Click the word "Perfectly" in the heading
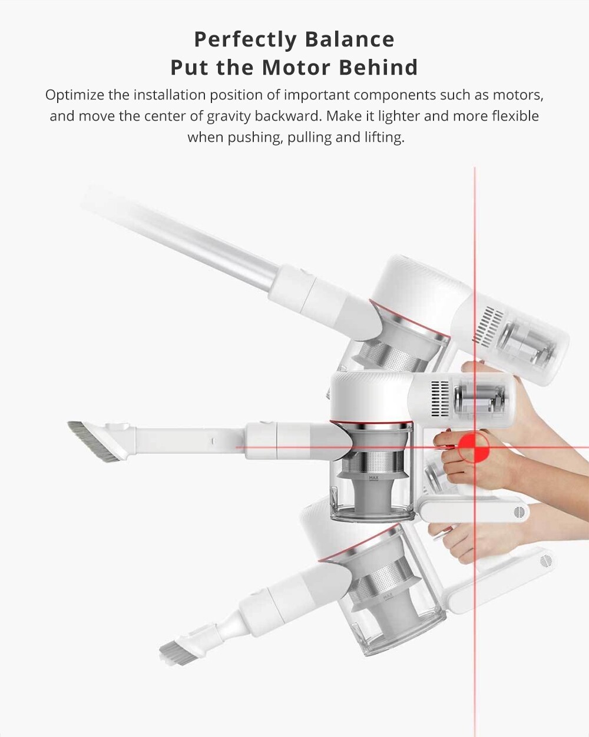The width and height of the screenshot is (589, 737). pyautogui.click(x=246, y=39)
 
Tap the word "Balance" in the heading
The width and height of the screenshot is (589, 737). pyautogui.click(x=349, y=39)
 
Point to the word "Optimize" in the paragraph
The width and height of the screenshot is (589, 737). pyautogui.click(x=74, y=95)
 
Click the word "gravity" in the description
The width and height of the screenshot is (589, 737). pyautogui.click(x=228, y=117)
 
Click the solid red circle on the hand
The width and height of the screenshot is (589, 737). pyautogui.click(x=474, y=447)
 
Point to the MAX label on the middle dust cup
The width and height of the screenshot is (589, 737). pyautogui.click(x=373, y=478)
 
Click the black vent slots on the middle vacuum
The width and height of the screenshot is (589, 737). pyautogui.click(x=439, y=399)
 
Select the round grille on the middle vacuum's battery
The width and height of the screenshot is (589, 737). pyautogui.click(x=519, y=512)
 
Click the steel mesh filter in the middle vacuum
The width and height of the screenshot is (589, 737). pyautogui.click(x=373, y=464)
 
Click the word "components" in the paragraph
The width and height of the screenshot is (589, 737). pyautogui.click(x=394, y=95)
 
